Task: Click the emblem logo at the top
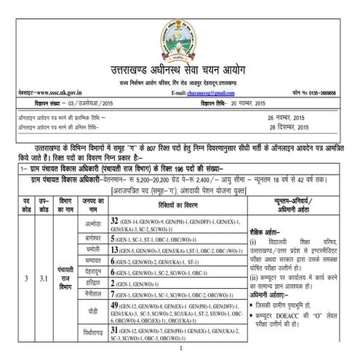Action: (x=179, y=24)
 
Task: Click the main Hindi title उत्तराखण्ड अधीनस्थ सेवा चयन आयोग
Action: (x=180, y=63)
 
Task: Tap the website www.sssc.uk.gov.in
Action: (x=41, y=95)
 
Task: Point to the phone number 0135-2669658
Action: (x=332, y=95)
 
